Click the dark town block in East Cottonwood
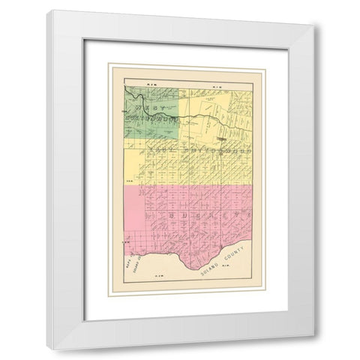[x=223, y=139]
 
